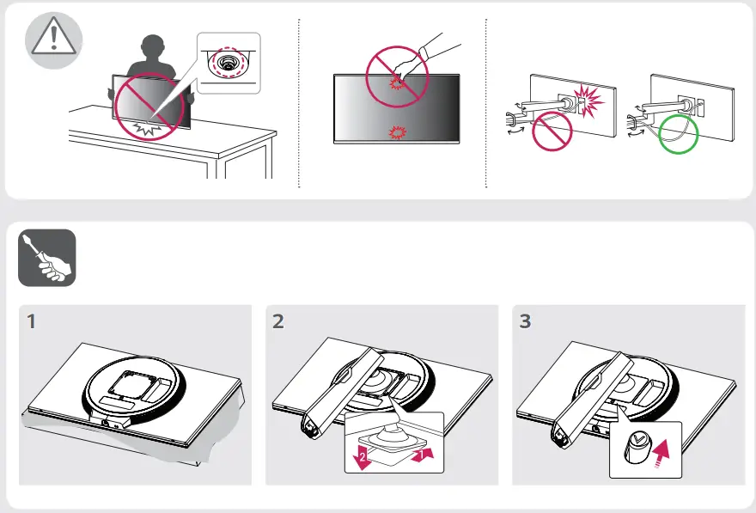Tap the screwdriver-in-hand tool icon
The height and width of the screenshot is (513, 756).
click(x=47, y=258)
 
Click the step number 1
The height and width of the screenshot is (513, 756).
click(x=31, y=321)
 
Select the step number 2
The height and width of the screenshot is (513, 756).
click(x=278, y=321)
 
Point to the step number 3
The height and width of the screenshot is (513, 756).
click(x=525, y=321)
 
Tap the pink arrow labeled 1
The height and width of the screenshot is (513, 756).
click(x=423, y=455)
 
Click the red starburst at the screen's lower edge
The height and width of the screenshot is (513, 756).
click(x=398, y=132)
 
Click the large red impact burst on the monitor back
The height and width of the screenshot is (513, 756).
click(x=588, y=101)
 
